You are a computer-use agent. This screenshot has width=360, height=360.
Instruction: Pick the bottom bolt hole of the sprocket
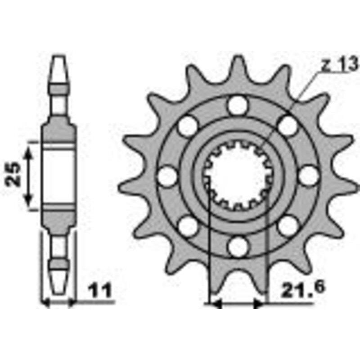click(x=238, y=245)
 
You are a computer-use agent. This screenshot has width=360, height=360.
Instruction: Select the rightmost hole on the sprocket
click(x=308, y=175)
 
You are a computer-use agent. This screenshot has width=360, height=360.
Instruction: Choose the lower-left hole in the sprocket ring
click(x=188, y=225)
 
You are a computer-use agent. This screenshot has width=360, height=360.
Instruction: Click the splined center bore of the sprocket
click(x=238, y=175)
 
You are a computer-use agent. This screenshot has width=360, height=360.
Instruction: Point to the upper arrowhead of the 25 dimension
click(x=28, y=151)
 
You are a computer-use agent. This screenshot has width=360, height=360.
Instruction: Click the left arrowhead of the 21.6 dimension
click(x=216, y=305)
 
